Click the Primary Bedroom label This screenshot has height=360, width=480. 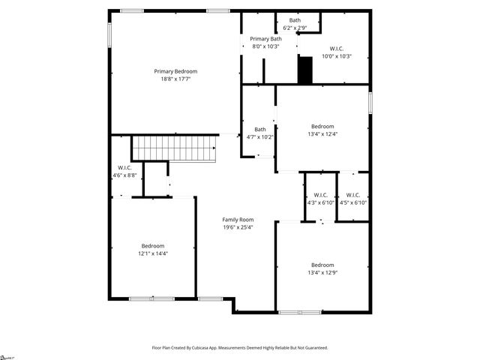(175, 71)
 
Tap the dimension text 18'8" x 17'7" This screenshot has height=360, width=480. (175, 79)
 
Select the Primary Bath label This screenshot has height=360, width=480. (265, 39)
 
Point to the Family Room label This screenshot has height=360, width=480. (238, 220)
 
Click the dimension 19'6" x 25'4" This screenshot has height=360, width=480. (238, 227)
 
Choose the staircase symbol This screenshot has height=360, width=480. (174, 148)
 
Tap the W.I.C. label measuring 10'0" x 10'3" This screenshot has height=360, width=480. (336, 49)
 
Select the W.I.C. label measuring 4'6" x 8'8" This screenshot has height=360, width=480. (124, 167)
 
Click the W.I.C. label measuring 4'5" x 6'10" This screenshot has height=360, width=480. (353, 195)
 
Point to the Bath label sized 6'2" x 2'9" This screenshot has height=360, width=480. (295, 20)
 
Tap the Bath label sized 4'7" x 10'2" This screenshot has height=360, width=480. (259, 129)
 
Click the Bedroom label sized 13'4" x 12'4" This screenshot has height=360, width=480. (322, 127)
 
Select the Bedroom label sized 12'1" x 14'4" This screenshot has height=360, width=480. (153, 246)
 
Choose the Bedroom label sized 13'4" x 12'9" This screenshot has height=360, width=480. (322, 265)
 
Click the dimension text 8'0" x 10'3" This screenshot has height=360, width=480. (265, 46)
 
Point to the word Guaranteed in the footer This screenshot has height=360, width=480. (313, 348)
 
